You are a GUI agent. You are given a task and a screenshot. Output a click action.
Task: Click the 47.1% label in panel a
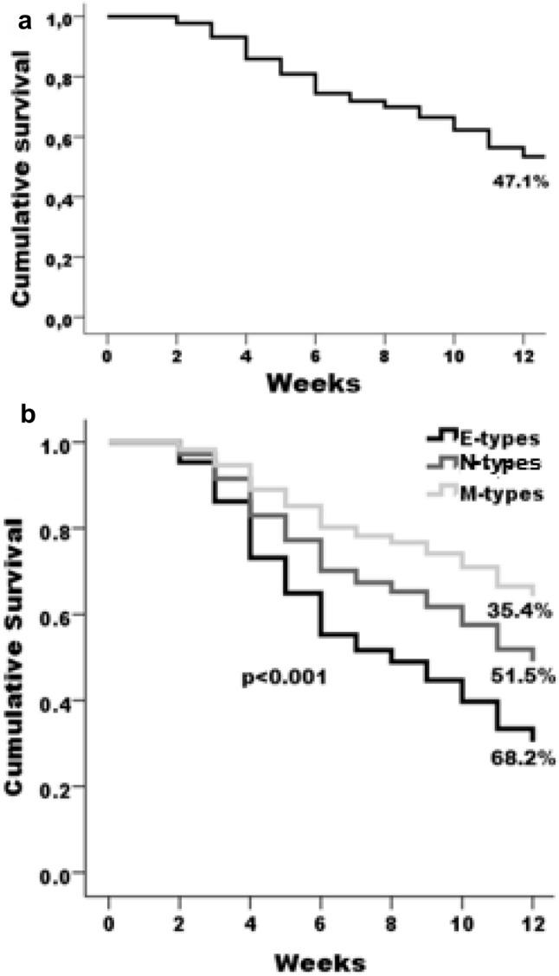519,183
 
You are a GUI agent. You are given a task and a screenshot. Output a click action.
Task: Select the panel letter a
26,23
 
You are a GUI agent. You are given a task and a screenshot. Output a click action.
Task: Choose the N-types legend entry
494,465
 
